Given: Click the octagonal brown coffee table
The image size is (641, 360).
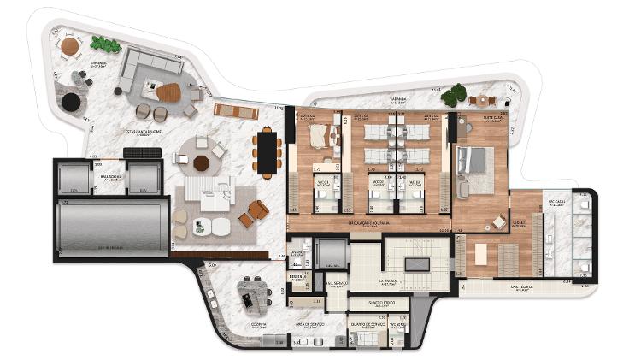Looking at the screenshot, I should (202, 163).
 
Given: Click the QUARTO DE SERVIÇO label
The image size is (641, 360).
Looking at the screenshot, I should (369, 325).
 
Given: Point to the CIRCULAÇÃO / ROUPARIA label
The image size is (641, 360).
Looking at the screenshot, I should (368, 223).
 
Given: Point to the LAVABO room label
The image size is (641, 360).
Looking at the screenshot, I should (297, 254).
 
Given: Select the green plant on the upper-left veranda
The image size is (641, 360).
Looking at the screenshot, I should (103, 44).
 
